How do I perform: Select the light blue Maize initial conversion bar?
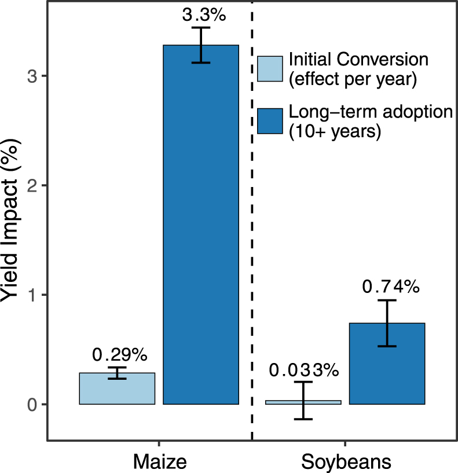tap(117, 388)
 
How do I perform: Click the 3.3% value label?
tap(201, 16)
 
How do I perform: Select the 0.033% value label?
tap(303, 369)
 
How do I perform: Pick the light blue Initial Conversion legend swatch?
tap(270, 69)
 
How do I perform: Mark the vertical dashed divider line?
tap(252, 232)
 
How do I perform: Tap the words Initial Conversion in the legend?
tap(358, 60)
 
